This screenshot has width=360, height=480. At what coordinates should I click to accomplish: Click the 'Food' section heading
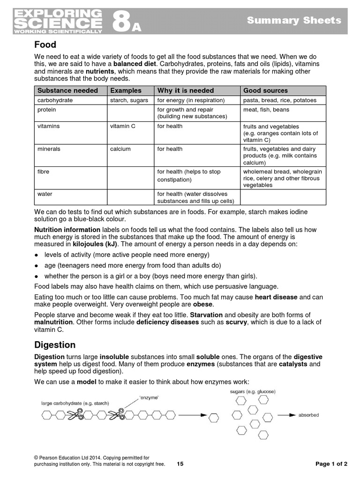45,45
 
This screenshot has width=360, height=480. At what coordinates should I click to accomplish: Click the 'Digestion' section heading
55,345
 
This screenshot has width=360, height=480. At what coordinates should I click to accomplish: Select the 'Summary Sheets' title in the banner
294,20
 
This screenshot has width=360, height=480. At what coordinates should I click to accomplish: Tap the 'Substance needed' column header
67,90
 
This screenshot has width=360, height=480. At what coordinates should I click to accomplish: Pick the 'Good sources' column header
265,90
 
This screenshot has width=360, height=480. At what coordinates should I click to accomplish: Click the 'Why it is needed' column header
186,90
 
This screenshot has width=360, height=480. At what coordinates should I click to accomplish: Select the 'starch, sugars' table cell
129,100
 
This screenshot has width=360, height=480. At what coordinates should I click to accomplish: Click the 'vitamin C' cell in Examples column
123,126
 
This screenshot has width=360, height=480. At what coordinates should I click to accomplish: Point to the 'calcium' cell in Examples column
120,149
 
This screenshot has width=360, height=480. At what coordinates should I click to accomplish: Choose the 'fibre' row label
43,172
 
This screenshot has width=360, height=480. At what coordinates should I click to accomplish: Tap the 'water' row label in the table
45,194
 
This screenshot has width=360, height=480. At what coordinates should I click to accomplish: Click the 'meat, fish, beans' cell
266,110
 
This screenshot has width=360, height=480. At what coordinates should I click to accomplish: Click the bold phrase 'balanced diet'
135,64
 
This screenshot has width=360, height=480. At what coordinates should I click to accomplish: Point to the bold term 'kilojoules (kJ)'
96,244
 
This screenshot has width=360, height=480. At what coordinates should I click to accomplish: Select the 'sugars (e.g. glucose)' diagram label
253,391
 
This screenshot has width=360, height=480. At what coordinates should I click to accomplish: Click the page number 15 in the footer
180,464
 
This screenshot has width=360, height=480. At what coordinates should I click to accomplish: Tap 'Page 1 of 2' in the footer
331,464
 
